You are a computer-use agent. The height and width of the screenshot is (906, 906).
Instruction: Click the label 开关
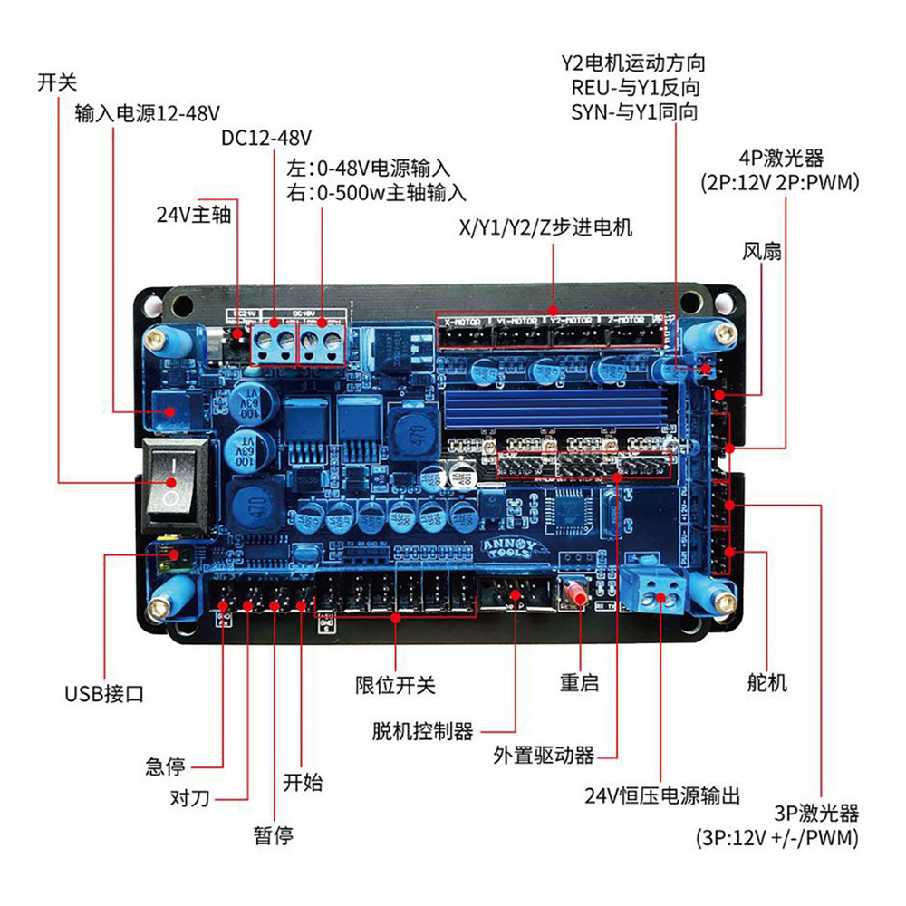56,82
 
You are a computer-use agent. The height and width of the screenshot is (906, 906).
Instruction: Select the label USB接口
104,695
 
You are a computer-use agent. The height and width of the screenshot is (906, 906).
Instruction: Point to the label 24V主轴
194,216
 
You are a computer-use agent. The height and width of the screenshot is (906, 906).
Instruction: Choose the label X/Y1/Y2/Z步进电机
546,227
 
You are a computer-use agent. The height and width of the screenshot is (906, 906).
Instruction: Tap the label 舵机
766,682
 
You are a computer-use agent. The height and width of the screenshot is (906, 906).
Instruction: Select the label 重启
579,682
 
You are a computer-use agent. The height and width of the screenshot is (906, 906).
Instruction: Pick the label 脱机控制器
423,730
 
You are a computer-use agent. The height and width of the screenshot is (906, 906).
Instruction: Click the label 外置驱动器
544,754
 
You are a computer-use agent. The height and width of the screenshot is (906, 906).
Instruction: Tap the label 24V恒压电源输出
662,796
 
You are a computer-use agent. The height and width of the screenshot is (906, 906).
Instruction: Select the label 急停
165,766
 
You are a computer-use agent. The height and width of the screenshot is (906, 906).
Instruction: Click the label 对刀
190,799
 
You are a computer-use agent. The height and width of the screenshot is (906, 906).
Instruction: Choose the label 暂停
273,835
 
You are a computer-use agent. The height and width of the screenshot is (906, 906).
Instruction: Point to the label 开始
303,781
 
